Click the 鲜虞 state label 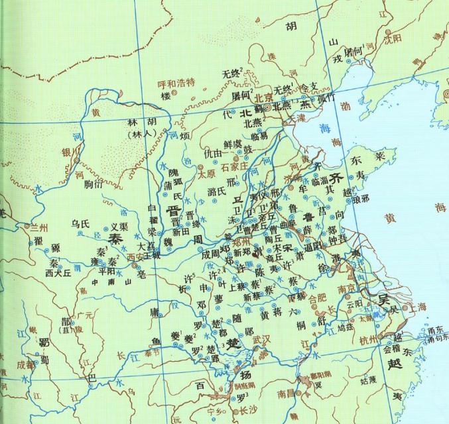pyautogui.click(x=233, y=142)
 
